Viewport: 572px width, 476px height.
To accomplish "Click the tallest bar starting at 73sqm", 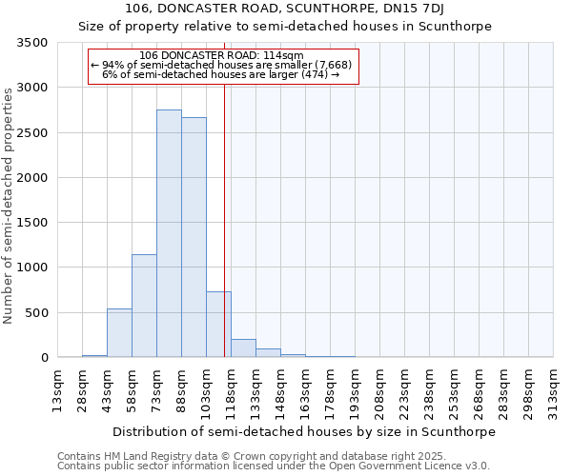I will coord(169,233).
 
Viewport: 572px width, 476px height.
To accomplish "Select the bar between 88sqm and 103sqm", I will coord(194,237).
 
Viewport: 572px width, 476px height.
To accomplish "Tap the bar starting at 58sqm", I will coord(144,306).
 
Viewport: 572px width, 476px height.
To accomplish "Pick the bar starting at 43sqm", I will coord(119,333).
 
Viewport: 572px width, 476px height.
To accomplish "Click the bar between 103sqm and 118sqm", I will coord(218,325).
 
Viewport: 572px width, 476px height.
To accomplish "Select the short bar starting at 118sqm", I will coord(243,348).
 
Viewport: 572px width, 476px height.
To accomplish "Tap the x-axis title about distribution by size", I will coord(304,431).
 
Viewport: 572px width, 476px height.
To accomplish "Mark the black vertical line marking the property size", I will coord(224,238).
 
